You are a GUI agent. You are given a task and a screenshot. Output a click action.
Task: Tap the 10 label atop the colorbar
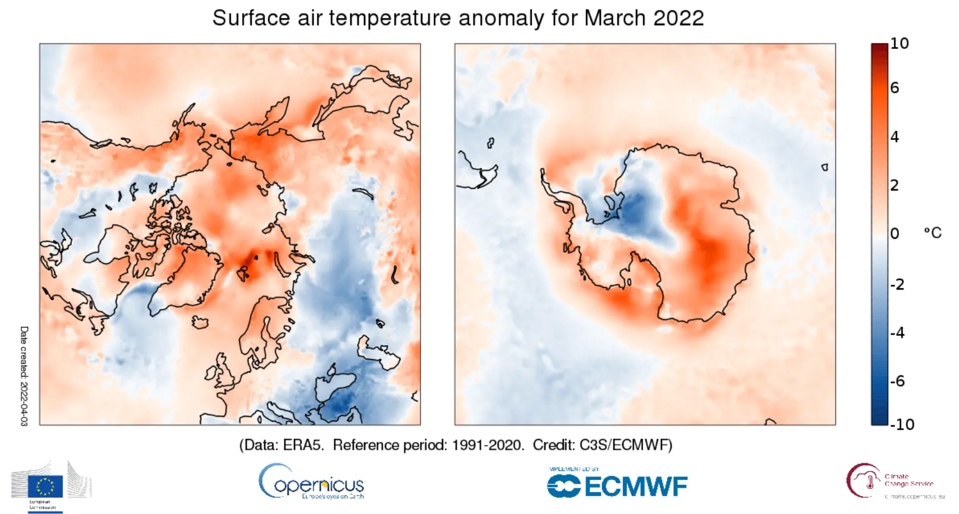(900, 43)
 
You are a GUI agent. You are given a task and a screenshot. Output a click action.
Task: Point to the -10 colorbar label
(902, 424)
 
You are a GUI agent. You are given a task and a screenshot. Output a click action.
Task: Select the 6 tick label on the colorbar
(894, 88)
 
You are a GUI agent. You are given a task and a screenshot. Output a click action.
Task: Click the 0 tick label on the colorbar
(894, 233)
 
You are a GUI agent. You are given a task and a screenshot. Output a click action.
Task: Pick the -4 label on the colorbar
(897, 332)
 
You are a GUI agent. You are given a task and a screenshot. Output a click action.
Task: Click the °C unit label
(932, 233)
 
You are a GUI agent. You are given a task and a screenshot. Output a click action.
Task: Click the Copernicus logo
(311, 482)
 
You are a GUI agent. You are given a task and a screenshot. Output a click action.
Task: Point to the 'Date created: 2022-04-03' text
(24, 376)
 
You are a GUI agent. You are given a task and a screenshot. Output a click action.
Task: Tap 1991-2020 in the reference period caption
(488, 445)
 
